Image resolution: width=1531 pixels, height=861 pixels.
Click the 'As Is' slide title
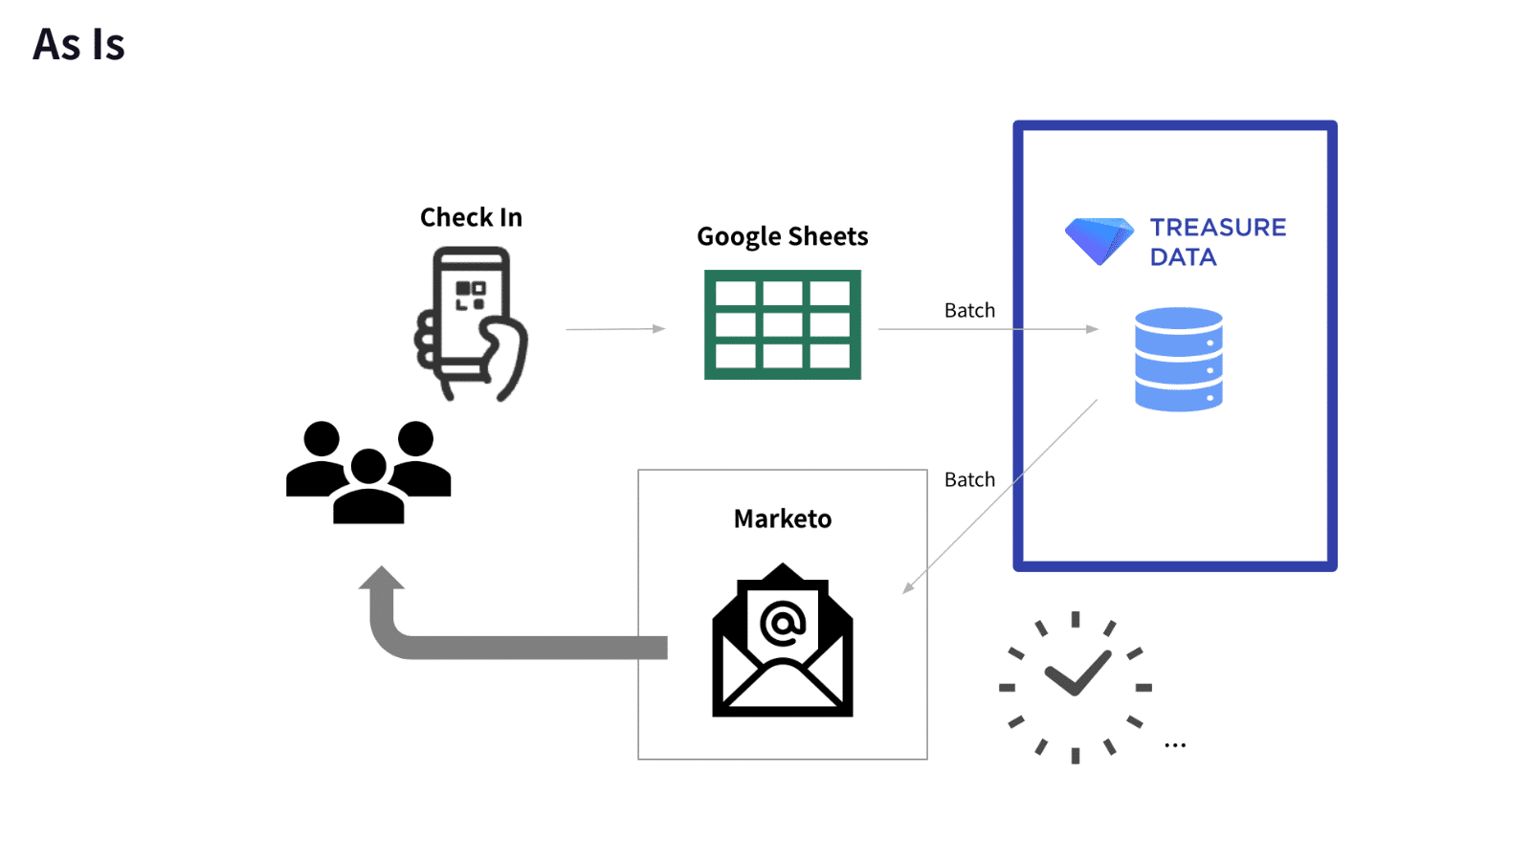(78, 45)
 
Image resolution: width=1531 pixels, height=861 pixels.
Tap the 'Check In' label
(471, 218)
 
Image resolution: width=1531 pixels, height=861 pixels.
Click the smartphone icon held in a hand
(471, 323)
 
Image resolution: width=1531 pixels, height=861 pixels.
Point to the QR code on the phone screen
(470, 295)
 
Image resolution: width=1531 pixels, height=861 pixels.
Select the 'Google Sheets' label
(782, 236)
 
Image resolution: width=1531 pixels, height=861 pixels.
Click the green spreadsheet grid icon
(782, 324)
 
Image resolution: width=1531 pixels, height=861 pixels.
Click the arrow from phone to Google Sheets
(615, 329)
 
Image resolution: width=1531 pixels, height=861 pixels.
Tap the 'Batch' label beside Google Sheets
(969, 310)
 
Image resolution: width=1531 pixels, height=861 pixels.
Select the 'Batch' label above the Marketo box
(969, 479)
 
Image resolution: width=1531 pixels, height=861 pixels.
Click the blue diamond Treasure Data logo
(1098, 240)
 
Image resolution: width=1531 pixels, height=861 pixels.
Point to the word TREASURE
(1217, 228)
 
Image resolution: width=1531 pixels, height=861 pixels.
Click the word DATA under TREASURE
(1183, 257)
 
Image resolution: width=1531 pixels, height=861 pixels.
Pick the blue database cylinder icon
(1178, 359)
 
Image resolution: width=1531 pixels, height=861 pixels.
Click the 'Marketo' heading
(782, 519)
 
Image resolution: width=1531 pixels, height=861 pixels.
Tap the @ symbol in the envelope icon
(783, 624)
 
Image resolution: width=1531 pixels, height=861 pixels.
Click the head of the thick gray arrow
(382, 579)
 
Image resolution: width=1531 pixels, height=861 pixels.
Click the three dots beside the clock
(1175, 744)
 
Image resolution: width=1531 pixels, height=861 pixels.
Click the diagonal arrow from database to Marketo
(1000, 496)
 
